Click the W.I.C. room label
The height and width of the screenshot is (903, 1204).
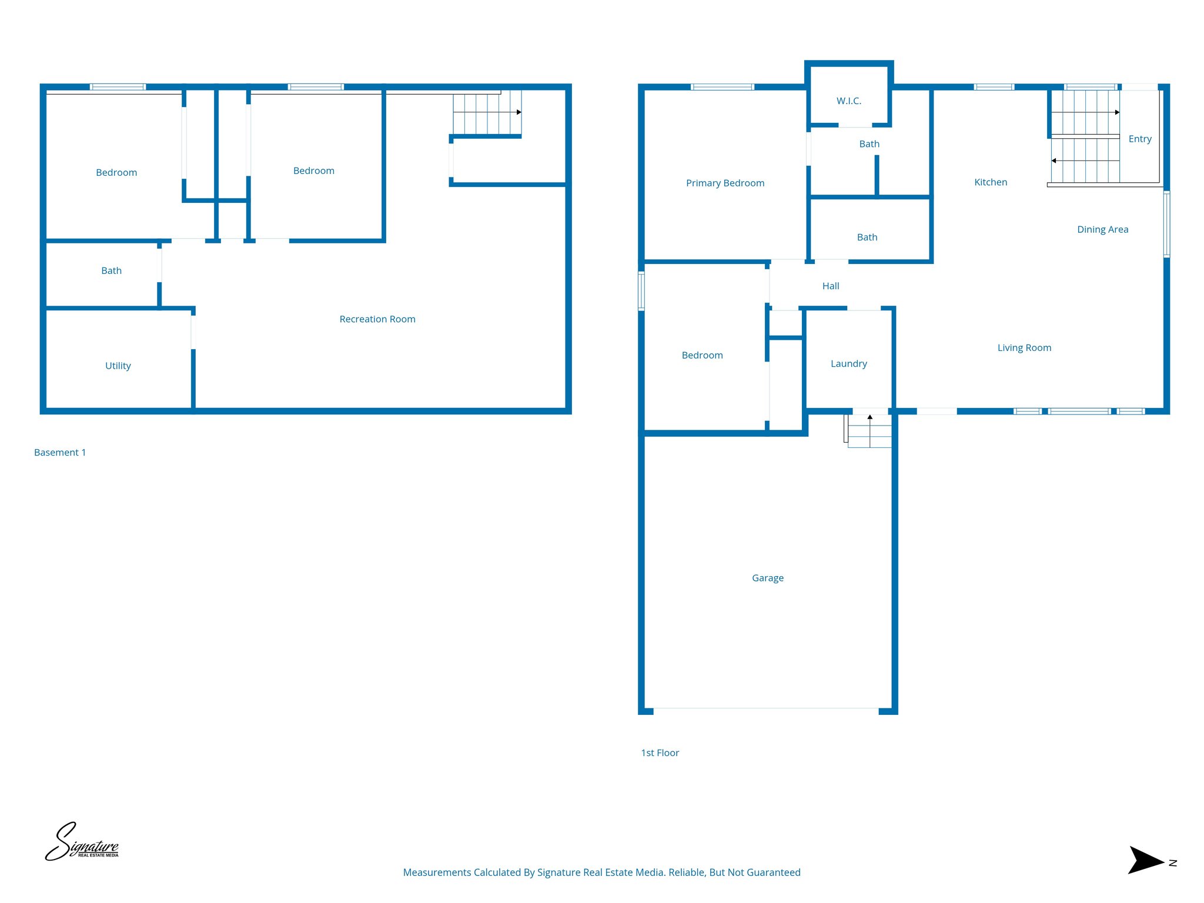pos(848,101)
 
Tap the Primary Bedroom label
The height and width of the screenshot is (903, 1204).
pos(725,183)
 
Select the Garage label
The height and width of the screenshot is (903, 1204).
pos(767,578)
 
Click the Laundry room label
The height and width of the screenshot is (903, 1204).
pos(848,363)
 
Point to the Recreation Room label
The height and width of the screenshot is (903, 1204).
pos(377,319)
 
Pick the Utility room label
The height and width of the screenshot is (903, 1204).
pos(118,366)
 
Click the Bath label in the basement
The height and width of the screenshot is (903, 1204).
pos(111,270)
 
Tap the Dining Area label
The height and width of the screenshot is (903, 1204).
pos(1102,229)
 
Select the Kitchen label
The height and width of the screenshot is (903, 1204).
pos(991,182)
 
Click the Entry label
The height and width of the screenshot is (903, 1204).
pos(1139,139)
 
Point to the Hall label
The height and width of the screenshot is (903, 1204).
pos(830,286)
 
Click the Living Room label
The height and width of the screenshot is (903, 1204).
pos(1024,347)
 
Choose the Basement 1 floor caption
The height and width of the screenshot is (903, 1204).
pos(60,452)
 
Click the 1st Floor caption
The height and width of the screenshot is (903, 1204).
pos(660,752)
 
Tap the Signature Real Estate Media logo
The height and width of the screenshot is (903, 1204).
pos(82,842)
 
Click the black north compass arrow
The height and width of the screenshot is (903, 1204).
pos(1145,861)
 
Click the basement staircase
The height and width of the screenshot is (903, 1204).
pos(487,112)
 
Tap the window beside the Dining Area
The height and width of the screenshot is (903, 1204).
pos(1166,224)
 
